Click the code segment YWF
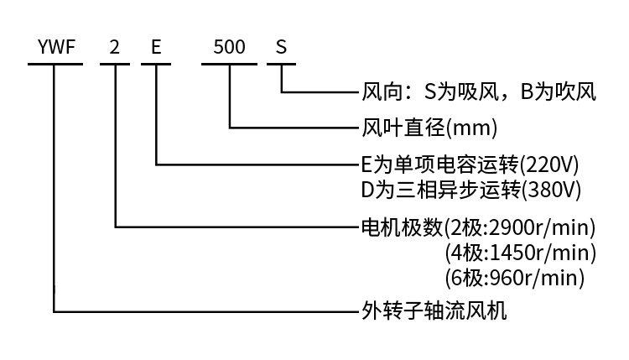(55, 47)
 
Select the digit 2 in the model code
(115, 47)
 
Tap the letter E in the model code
(156, 47)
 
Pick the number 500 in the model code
(229, 47)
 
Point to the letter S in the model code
(282, 47)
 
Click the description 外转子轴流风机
(434, 311)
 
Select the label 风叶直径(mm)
(429, 128)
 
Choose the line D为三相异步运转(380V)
(470, 189)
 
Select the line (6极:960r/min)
(515, 276)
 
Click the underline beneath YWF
(55, 64)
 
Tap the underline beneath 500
(229, 64)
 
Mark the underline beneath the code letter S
(282, 64)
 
